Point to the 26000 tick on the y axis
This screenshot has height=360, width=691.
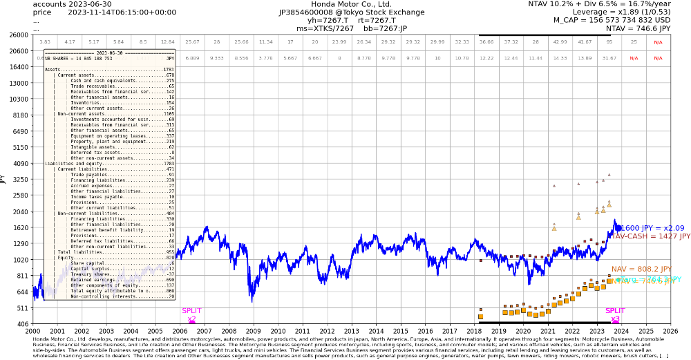tap(19, 35)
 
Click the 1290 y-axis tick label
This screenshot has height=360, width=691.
tap(19, 243)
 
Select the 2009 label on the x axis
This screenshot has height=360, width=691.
tap(253, 332)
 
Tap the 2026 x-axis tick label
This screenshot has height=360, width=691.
tap(670, 332)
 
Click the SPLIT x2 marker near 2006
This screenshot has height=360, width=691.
tap(191, 315)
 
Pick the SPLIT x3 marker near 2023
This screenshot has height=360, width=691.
tap(615, 315)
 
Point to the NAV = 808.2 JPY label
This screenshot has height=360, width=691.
tap(641, 269)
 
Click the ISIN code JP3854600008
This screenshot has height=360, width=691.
tap(308, 12)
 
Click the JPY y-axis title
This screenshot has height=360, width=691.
tap(3, 179)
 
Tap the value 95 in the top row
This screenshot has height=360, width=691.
tap(609, 42)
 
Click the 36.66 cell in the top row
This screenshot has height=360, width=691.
tap(486, 42)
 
